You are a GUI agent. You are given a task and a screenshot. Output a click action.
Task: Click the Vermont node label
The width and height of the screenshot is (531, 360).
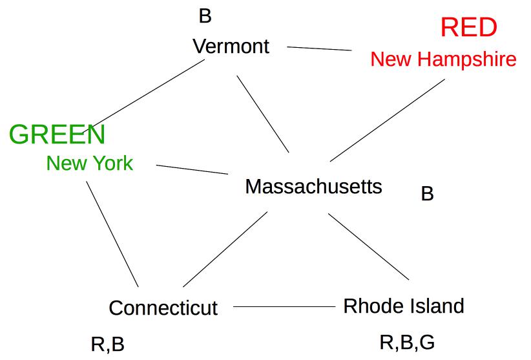click(x=231, y=47)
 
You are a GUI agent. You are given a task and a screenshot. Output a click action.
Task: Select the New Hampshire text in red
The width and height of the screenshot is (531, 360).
click(x=443, y=59)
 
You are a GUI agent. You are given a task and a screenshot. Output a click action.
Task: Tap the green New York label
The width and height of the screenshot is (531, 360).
click(x=89, y=164)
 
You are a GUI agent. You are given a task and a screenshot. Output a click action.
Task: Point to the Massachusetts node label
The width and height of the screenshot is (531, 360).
click(x=313, y=187)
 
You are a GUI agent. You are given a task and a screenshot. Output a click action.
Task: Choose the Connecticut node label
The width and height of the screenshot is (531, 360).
click(x=163, y=308)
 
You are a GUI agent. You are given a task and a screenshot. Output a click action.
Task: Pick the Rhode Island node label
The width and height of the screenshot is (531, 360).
click(x=403, y=306)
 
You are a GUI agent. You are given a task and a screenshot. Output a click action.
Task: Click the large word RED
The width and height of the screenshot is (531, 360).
click(x=468, y=28)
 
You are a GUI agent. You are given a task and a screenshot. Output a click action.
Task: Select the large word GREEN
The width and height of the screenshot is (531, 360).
click(x=57, y=134)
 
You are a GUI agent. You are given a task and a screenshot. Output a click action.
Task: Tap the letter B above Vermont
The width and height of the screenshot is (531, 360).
click(x=205, y=16)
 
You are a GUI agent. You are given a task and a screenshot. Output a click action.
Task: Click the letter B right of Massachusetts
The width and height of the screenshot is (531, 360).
click(x=427, y=194)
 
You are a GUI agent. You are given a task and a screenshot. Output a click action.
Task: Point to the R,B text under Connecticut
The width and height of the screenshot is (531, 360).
click(x=107, y=344)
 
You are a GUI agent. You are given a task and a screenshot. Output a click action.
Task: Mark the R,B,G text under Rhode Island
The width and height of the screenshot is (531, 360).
click(x=406, y=343)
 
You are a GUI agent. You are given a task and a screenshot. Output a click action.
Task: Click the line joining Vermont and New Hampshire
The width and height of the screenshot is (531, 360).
click(x=319, y=48)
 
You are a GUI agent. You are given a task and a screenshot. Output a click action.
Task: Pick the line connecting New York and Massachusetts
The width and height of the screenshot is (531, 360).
click(x=192, y=169)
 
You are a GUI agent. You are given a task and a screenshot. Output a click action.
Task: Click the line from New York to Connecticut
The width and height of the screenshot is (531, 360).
click(x=112, y=234)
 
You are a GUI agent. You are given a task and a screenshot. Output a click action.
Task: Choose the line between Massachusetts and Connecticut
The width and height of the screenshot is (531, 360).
click(x=225, y=249)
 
